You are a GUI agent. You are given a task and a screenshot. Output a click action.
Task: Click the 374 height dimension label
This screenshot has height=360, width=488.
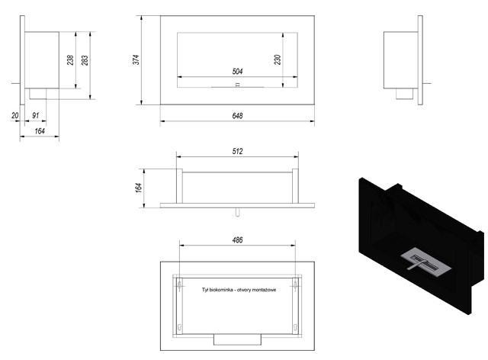coord(136,59)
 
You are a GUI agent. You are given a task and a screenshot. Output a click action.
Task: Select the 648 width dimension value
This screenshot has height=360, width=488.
coord(237,116)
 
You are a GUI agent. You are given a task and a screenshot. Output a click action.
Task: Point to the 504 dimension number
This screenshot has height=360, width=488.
coord(237,72)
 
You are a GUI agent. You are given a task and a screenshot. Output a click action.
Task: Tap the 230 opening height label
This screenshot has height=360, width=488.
coord(278,59)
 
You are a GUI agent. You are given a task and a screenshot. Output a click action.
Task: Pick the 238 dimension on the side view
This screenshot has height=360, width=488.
coord(70,59)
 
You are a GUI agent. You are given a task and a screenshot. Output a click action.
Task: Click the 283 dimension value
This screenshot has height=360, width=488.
coord(85,60)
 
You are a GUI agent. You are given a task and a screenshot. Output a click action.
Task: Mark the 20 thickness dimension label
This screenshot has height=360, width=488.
coord(14,115)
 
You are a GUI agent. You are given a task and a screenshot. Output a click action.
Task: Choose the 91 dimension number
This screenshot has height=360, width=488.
coord(36,115)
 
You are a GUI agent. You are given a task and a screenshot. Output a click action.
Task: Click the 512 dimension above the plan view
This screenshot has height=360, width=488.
coord(237,151)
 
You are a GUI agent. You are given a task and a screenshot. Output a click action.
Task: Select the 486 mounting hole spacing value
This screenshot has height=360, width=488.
coord(237,240)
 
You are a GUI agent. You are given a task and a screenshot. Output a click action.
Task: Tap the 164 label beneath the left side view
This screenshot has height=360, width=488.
coord(40,131)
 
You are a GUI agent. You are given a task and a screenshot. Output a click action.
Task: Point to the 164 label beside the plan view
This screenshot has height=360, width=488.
coord(139,188)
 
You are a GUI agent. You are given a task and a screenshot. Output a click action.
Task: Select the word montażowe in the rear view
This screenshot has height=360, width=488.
coord(264,290)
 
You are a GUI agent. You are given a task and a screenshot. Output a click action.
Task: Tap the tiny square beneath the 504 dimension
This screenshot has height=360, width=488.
coord(237,85)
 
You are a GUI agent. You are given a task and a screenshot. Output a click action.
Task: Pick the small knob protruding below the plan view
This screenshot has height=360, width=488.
coord(237,212)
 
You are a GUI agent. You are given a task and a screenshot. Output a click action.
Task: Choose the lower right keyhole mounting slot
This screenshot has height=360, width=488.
coord(295,327)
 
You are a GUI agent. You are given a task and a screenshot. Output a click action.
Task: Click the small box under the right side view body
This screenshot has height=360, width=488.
coord(404,94)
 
